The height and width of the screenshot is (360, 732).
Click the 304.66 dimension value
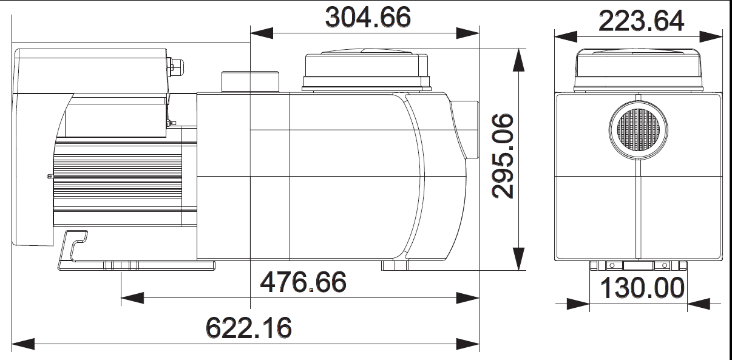pyautogui.click(x=368, y=17)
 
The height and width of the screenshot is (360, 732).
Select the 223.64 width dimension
pyautogui.click(x=641, y=21)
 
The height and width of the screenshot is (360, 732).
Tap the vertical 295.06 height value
pyautogui.click(x=503, y=156)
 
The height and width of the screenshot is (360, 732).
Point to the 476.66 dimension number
pyautogui.click(x=303, y=282)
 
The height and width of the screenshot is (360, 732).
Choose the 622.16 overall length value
pyautogui.click(x=249, y=328)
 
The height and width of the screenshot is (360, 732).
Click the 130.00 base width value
pyautogui.click(x=642, y=288)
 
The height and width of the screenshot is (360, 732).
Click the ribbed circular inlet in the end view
pyautogui.click(x=638, y=130)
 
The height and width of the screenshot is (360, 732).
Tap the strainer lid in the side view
pyautogui.click(x=367, y=70)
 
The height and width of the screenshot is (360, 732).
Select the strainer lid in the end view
pyautogui.click(x=638, y=70)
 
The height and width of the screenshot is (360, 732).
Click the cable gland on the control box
pyautogui.click(x=177, y=67)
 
